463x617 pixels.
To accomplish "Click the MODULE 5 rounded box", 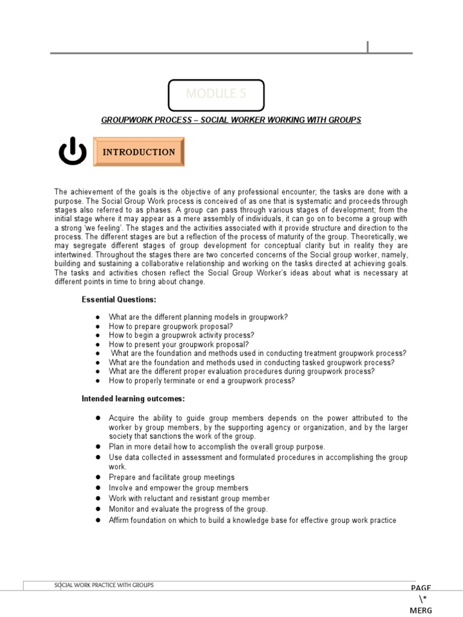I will [x=216, y=95].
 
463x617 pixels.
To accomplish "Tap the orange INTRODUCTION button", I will [x=139, y=152].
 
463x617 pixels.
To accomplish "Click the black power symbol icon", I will [x=72, y=152].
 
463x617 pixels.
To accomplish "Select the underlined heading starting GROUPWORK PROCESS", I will [x=231, y=120].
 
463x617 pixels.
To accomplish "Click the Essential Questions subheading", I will [x=119, y=299].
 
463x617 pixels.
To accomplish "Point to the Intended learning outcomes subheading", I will [x=133, y=399].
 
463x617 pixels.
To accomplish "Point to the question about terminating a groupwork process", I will [x=201, y=381].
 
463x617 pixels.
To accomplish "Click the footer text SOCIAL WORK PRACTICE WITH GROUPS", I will [x=104, y=585].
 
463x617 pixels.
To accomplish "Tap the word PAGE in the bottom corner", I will [x=421, y=588].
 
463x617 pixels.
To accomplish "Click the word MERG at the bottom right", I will [x=421, y=610].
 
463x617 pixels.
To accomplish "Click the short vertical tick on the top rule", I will [x=367, y=47].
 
